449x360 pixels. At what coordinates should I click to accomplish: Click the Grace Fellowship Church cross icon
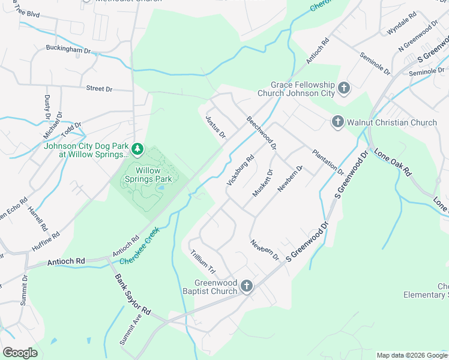pos(343,89)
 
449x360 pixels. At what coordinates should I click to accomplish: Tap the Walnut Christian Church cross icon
pos(337,122)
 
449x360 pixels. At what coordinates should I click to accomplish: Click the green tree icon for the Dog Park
pos(138,148)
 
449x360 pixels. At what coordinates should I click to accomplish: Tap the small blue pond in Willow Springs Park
pos(161,190)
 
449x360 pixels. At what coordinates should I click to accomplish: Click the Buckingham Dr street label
pos(68,49)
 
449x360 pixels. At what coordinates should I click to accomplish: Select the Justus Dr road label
pos(215,127)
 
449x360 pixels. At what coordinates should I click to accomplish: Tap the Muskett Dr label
pos(263,183)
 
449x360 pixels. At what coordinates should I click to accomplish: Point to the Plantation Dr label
pos(328,161)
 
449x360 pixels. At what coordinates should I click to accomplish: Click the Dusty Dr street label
pos(46,106)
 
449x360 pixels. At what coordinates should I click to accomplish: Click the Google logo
pos(20,352)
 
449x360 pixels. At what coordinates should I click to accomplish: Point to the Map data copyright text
pos(411,355)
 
